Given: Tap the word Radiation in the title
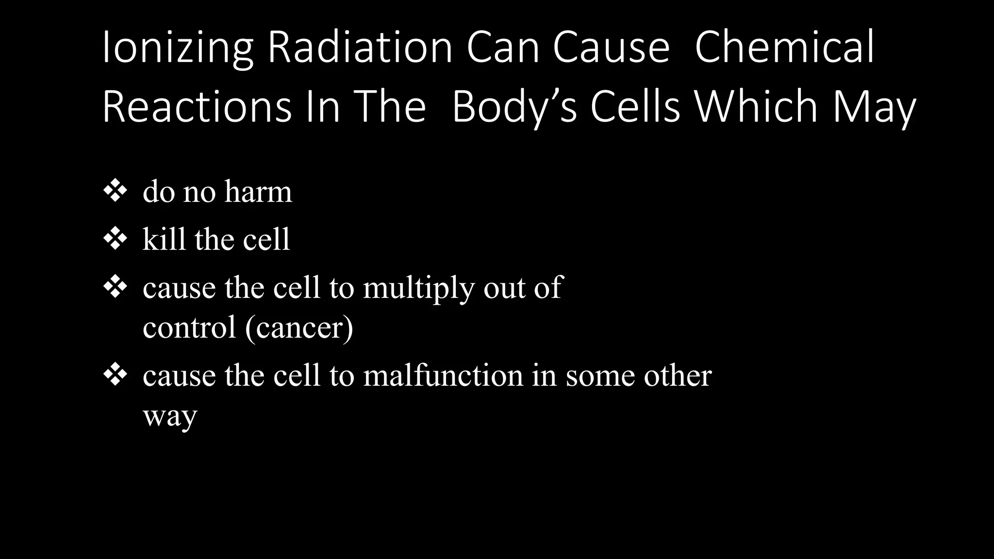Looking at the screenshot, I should [x=360, y=48].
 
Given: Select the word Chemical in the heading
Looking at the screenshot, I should [x=784, y=48].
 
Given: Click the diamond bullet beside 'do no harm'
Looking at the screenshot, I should [x=115, y=191].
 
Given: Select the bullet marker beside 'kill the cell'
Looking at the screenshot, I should [x=115, y=239].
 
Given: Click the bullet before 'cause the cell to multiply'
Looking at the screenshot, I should [x=115, y=287].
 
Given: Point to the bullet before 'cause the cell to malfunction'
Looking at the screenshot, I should [x=115, y=375].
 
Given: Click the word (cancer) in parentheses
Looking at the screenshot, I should [x=299, y=328].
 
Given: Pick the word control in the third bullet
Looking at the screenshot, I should [x=189, y=328].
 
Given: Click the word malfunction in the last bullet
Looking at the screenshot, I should [x=443, y=376].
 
